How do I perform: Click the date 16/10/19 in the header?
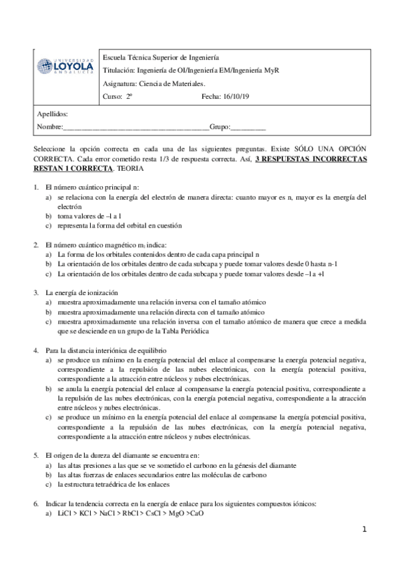pos(237,96)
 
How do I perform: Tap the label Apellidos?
pos(52,114)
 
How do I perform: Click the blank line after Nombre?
pos(136,127)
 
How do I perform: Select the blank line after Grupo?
pos(248,127)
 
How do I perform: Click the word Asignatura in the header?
pos(121,83)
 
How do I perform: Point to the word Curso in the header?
pos(113,96)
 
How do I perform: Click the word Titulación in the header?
pos(119,71)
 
